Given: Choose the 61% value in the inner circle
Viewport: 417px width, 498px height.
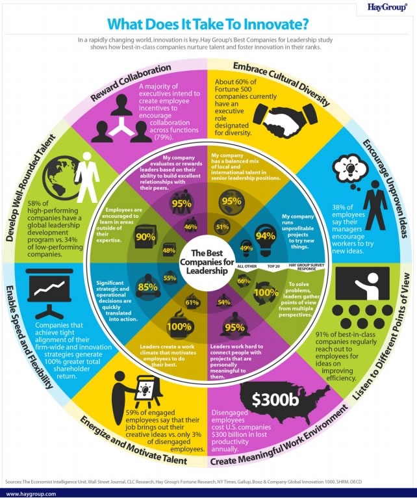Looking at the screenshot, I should click(192, 302).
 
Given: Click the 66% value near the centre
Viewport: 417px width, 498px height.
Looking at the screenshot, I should click(244, 280).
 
